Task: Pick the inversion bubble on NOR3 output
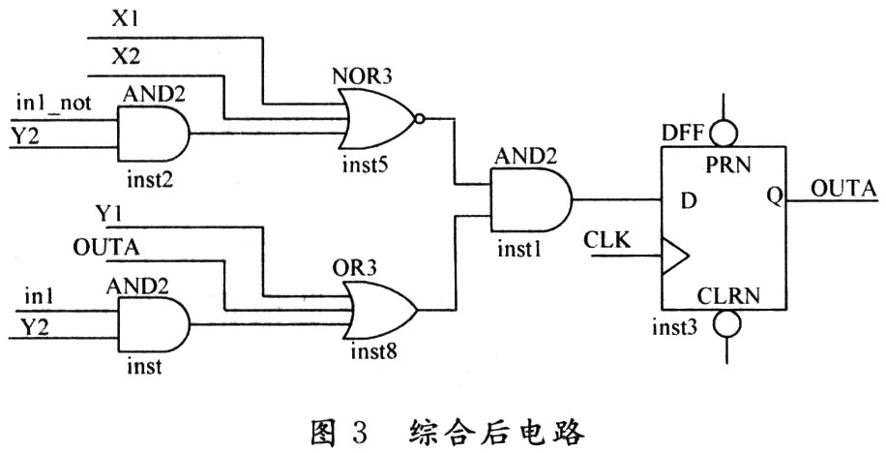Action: [418, 119]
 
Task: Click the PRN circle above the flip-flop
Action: [722, 131]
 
